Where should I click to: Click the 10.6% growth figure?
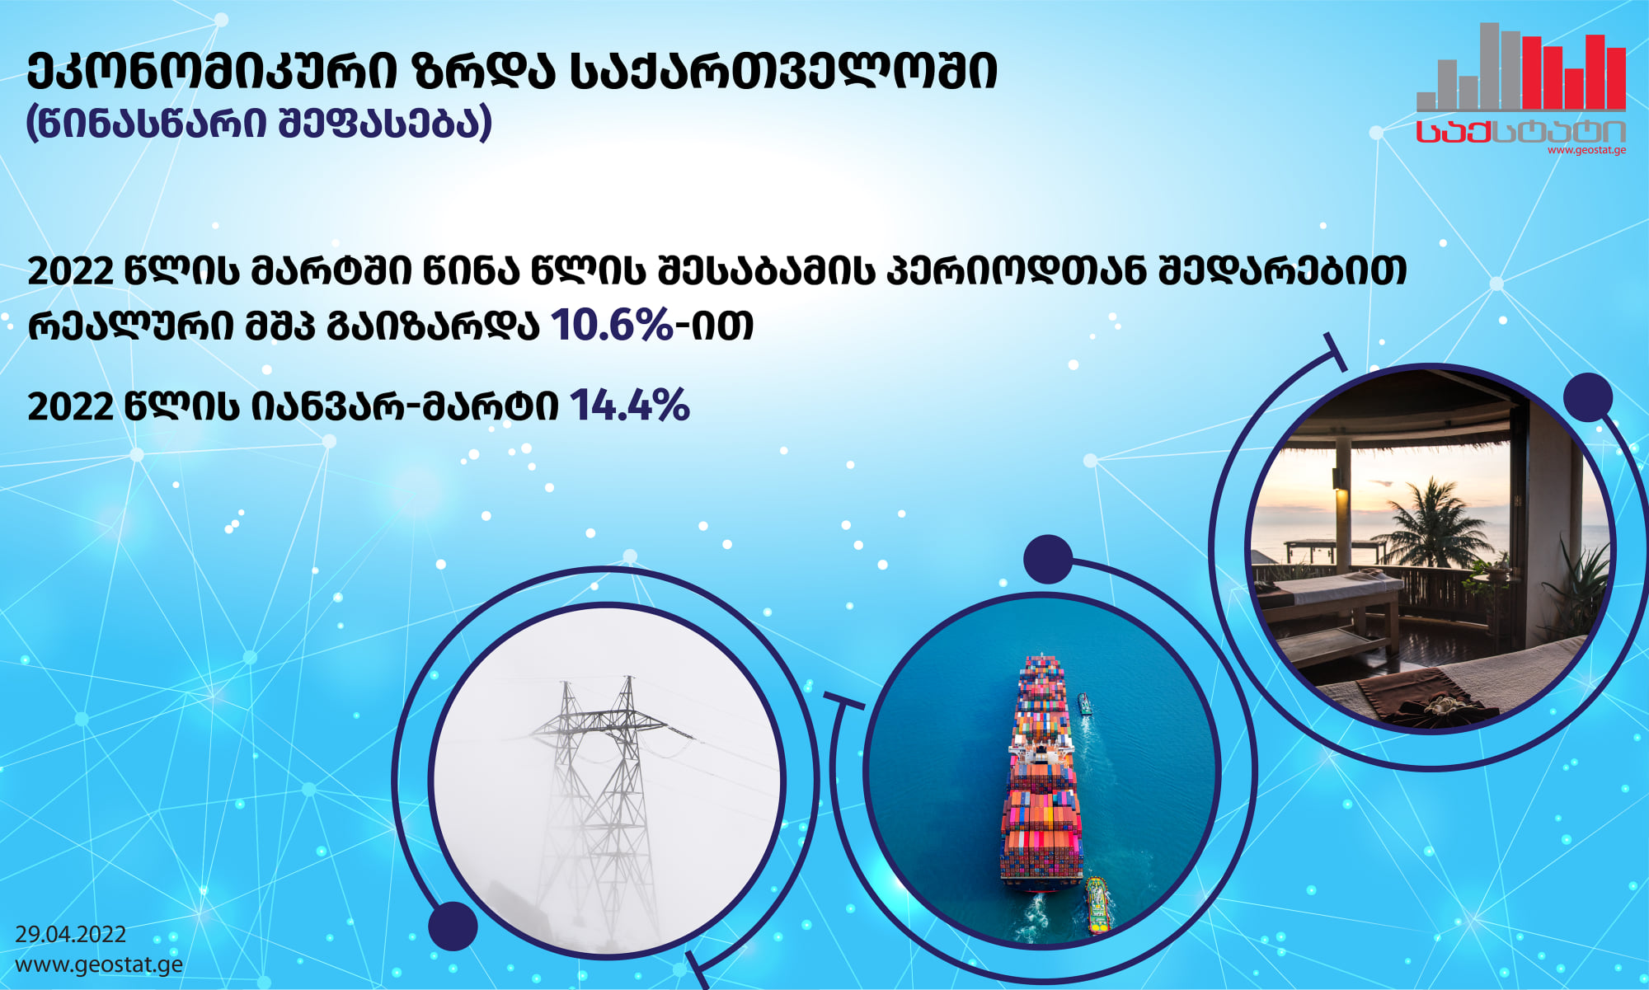coord(612,324)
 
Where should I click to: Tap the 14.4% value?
coord(629,406)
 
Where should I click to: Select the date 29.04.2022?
coord(71,934)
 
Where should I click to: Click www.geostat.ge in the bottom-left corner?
coord(99,964)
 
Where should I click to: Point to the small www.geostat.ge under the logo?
coord(1586,150)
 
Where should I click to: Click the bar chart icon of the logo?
coord(1521,67)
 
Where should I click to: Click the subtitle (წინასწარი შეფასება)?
coord(260,123)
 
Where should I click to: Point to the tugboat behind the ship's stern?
coord(1096,905)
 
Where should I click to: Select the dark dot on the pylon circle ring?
coord(453,926)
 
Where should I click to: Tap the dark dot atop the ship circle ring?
coord(1048,560)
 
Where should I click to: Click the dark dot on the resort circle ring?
coord(1588,397)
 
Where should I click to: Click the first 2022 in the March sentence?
coord(70,271)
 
